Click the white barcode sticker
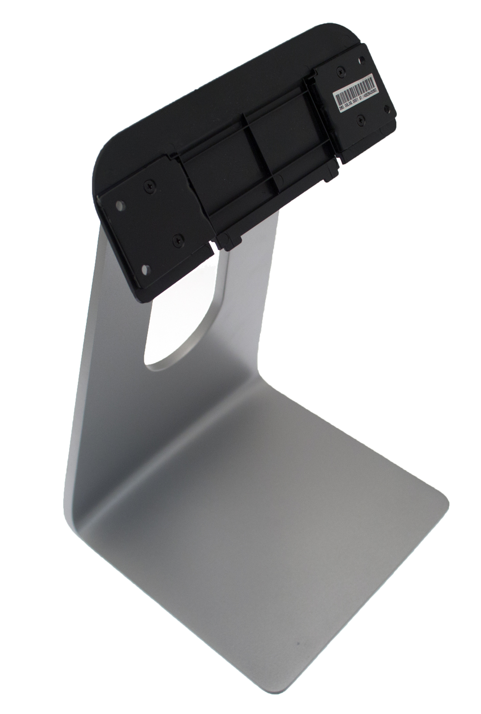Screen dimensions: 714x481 click(356, 93)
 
